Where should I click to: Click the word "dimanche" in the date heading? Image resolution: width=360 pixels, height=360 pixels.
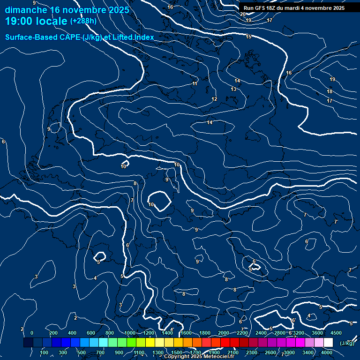click(x=25, y=10)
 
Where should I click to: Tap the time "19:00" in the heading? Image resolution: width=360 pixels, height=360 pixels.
click(x=21, y=21)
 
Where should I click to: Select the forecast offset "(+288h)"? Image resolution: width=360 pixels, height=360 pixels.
click(x=83, y=21)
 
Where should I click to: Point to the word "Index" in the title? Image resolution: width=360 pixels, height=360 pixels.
click(x=144, y=37)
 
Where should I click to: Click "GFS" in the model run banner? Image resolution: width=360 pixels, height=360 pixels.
click(x=260, y=8)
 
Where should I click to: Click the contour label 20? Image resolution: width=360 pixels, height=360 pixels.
click(x=242, y=14)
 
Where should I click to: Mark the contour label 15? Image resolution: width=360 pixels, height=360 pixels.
click(x=248, y=37)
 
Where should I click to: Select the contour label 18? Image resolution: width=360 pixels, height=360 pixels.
click(x=330, y=91)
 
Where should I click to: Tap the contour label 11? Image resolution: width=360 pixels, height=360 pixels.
click(x=195, y=83)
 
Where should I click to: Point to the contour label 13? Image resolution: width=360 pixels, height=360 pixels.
click(x=233, y=89)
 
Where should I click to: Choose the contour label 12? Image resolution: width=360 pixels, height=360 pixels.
click(x=214, y=99)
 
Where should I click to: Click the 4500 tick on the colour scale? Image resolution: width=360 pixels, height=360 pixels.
click(x=336, y=333)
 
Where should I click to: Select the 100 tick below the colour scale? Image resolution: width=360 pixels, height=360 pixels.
click(x=44, y=352)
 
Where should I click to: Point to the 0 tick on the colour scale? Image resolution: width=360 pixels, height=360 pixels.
click(x=32, y=333)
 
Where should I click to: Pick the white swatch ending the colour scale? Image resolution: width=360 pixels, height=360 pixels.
click(x=328, y=343)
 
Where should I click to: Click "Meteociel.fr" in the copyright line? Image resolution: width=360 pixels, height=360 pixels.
click(x=218, y=357)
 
